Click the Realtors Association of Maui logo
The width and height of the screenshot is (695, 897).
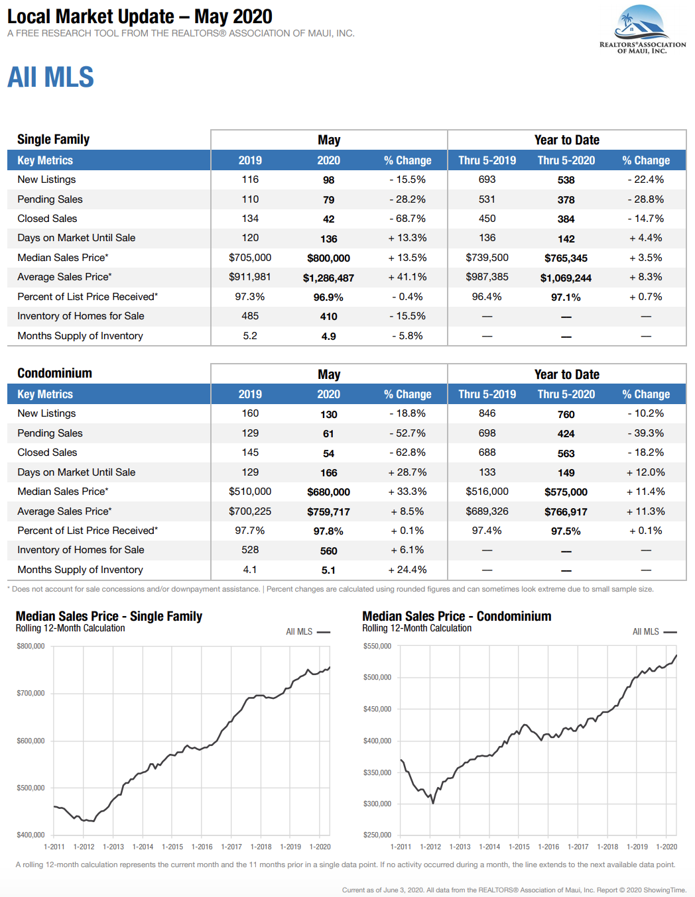coord(642,30)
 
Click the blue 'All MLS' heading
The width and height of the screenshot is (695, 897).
coord(50,77)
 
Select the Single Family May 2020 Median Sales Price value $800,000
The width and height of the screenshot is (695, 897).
coord(328,258)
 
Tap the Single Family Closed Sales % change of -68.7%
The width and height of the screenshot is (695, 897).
coord(407,219)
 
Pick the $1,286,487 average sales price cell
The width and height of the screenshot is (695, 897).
coord(328,278)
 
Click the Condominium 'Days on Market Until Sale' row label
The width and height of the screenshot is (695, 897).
coord(76,472)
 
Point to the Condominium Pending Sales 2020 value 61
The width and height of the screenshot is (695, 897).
coord(328,434)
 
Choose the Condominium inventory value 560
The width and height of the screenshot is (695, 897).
coord(328,551)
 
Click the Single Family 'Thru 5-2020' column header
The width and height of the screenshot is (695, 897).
coord(566,160)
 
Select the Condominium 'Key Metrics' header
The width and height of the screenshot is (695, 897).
coord(45,394)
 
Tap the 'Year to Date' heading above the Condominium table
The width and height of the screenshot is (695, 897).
coord(566,374)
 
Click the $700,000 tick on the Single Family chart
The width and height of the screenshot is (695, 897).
coord(31,693)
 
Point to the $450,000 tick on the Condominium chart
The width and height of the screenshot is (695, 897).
coord(377,709)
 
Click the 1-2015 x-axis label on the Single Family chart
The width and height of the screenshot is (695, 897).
coord(172,847)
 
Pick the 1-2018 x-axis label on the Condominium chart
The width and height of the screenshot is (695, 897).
coord(607,847)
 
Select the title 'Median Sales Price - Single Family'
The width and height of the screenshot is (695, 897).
coord(109,616)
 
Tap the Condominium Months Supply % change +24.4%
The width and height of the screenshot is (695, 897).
coord(407,570)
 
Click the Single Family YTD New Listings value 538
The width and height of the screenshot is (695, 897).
coord(566,180)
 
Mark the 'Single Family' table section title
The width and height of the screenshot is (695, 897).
coord(53,139)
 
